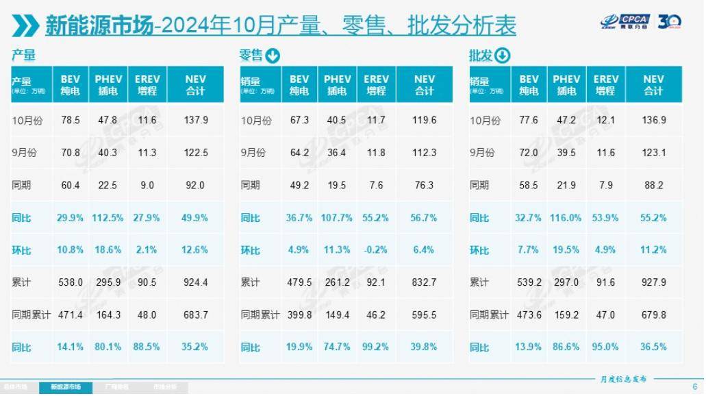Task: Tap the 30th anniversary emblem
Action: pos(669,23)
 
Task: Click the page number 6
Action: pos(694,386)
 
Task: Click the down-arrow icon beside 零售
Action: pos(272,56)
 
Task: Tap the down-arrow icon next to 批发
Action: pos(502,55)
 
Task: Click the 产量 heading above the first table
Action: pos(23,55)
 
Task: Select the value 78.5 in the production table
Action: pos(71,120)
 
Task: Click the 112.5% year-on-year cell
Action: pos(108,218)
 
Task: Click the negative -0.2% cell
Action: pos(376,250)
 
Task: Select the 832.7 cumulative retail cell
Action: pos(425,282)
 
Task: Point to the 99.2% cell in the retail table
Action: pos(376,347)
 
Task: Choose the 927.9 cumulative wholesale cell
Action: pos(653,282)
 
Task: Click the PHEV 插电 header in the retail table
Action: pos(337,85)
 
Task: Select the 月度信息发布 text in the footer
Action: pos(624,379)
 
